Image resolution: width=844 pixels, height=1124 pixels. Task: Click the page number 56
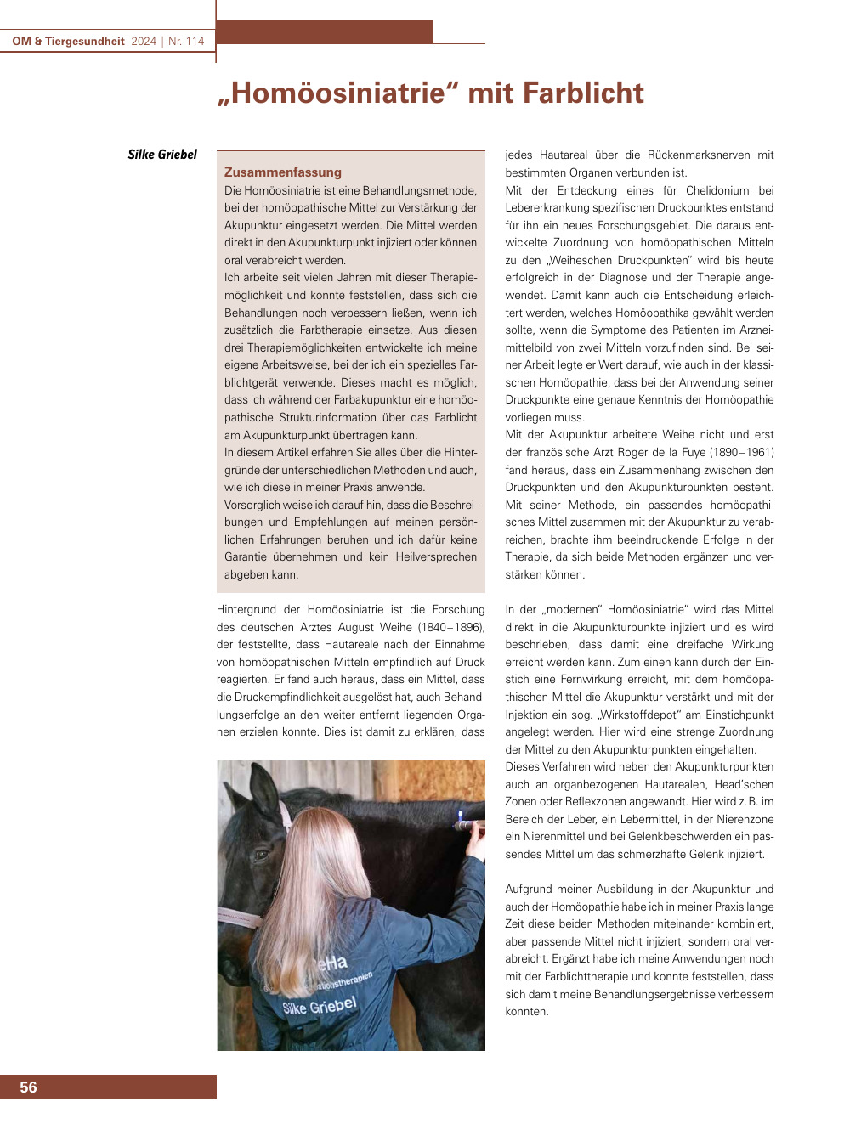(x=28, y=1087)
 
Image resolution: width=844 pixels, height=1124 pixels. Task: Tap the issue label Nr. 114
(x=186, y=41)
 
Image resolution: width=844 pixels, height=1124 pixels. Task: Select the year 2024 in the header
(x=144, y=41)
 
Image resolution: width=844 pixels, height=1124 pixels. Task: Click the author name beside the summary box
(x=162, y=155)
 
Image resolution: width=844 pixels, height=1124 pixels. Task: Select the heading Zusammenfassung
(x=283, y=172)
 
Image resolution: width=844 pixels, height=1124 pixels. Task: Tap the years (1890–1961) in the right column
(x=743, y=452)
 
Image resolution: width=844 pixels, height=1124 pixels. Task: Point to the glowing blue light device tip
(x=460, y=816)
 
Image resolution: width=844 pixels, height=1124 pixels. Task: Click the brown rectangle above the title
(x=325, y=32)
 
